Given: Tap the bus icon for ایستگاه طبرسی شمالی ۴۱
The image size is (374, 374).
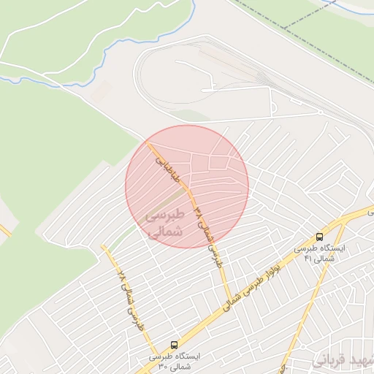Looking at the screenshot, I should (319, 237).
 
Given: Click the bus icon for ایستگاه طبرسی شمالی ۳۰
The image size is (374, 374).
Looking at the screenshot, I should (174, 343).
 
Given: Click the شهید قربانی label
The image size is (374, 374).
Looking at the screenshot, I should (343, 361).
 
